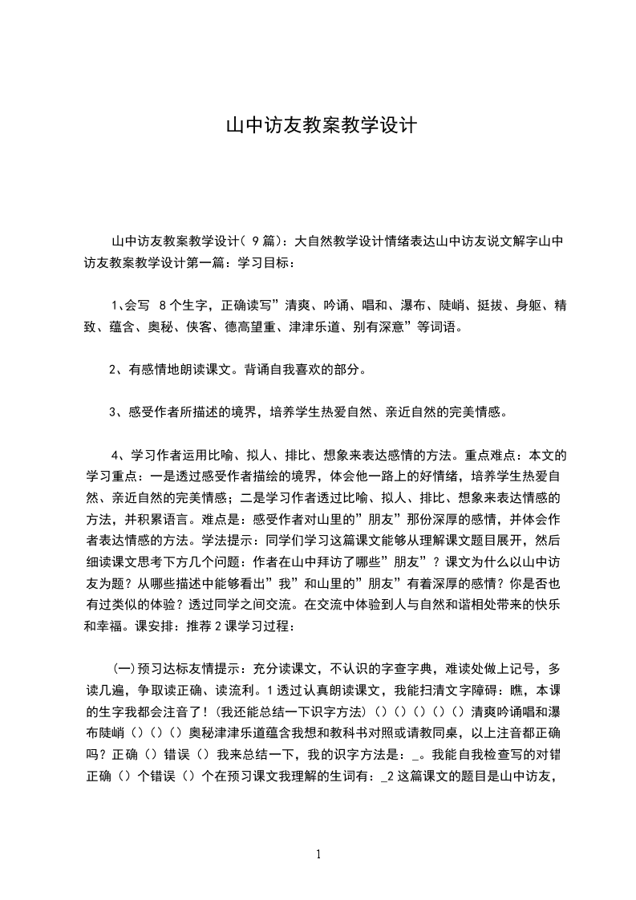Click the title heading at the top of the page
[318, 126]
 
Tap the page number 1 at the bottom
[318, 854]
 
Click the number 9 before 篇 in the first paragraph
[254, 241]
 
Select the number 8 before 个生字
[164, 306]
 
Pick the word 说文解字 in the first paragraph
[506, 241]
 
